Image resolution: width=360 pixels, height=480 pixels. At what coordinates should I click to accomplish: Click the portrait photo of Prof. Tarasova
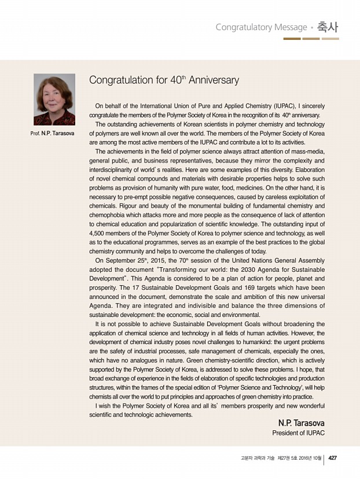click(54, 99)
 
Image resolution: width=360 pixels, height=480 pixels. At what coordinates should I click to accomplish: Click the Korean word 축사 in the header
click(328, 27)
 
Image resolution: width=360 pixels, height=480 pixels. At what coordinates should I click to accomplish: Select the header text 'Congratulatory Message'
click(261, 27)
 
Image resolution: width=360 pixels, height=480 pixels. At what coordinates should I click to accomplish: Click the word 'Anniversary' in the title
click(214, 80)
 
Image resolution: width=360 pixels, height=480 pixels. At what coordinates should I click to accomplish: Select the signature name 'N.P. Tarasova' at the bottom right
click(301, 423)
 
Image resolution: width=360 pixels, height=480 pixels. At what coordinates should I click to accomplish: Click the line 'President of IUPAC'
click(298, 433)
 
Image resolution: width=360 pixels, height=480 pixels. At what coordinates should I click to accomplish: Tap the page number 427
click(333, 458)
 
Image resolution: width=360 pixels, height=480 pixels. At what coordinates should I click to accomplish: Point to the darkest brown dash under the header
click(292, 39)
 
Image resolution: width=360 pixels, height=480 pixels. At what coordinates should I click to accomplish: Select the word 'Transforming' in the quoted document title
click(190, 269)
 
